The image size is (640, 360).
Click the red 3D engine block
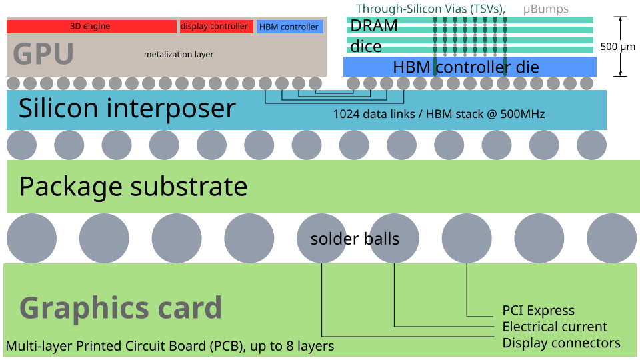click(91, 27)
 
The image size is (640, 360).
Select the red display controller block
click(215, 27)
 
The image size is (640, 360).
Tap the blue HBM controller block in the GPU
click(289, 27)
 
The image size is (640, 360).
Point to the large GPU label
click(43, 54)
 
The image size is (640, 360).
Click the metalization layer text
click(179, 54)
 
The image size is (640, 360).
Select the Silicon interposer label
click(127, 108)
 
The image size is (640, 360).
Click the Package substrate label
click(133, 186)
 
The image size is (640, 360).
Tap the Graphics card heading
click(121, 307)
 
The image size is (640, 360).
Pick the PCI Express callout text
click(538, 311)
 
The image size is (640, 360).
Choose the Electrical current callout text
click(555, 327)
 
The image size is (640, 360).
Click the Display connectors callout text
click(561, 343)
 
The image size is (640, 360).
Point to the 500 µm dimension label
click(618, 47)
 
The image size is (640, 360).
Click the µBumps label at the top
click(546, 9)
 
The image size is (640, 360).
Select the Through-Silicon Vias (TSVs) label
click(431, 9)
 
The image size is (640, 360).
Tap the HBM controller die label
click(466, 67)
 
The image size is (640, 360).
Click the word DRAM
click(374, 26)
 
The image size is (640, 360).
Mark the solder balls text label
click(355, 239)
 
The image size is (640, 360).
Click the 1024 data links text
click(439, 114)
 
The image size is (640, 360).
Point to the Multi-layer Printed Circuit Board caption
click(170, 346)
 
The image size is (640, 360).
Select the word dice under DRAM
click(366, 46)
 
